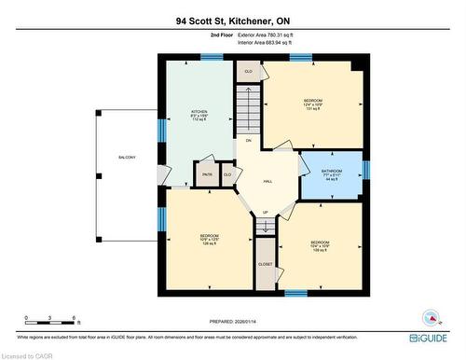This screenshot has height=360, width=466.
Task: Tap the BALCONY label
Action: (127, 157)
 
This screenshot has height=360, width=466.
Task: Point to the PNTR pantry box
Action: (207, 174)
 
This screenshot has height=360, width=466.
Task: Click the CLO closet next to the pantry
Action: (226, 174)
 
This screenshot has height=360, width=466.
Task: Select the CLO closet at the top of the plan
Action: (248, 72)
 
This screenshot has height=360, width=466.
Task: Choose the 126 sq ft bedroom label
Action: (210, 239)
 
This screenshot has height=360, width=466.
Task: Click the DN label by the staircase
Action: (249, 140)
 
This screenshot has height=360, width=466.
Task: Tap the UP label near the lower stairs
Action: (265, 213)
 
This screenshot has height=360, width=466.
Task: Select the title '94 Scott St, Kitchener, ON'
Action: (233, 20)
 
